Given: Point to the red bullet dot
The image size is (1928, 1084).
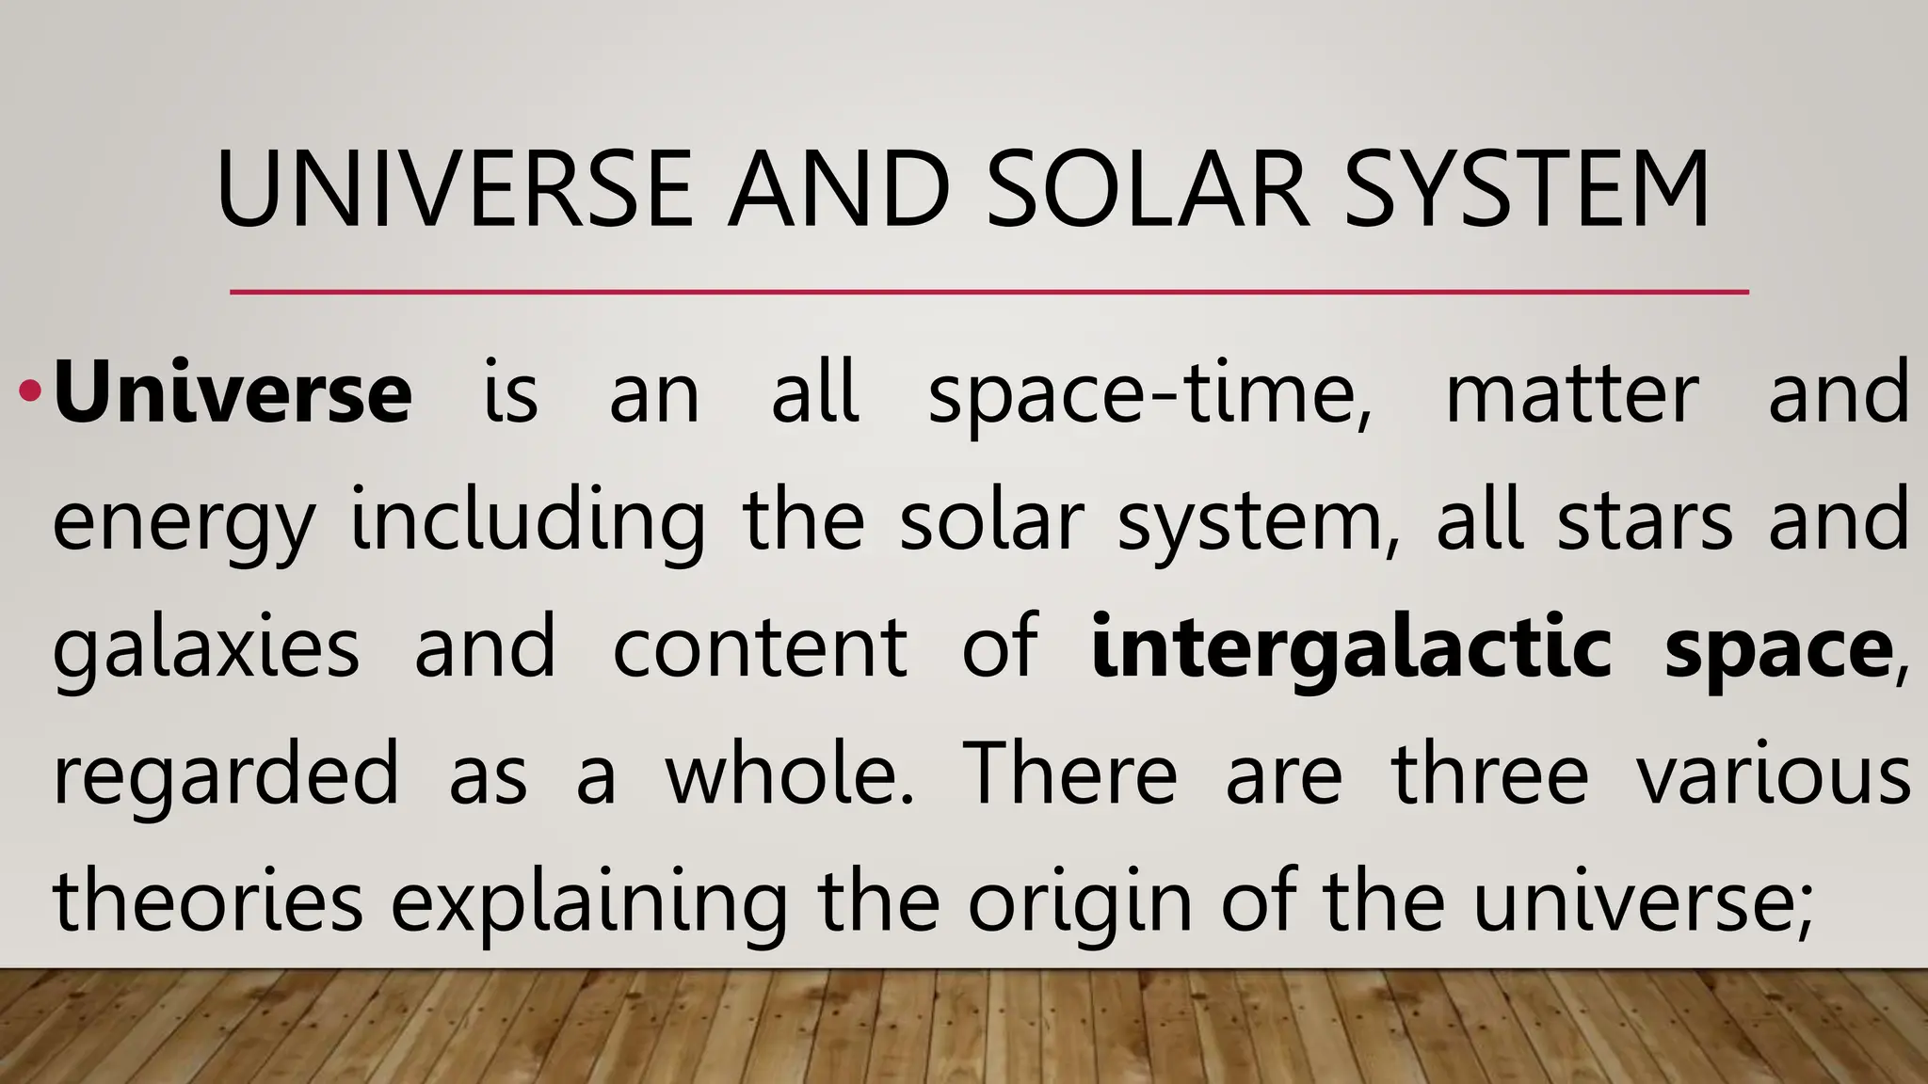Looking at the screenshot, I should coord(30,389).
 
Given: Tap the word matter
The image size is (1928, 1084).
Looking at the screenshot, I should coord(1571,393).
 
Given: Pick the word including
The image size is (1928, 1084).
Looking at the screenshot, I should coord(527,521).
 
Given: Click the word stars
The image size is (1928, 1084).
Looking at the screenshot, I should coord(1644,519).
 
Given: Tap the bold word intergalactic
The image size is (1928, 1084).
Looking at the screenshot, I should coord(1351,647).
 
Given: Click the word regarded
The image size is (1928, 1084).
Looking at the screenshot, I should coord(226,775).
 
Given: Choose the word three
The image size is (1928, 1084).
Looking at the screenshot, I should coord(1489,773).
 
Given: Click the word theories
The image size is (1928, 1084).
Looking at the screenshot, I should coord(207,901).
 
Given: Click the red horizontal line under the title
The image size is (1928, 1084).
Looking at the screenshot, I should coord(988,292).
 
